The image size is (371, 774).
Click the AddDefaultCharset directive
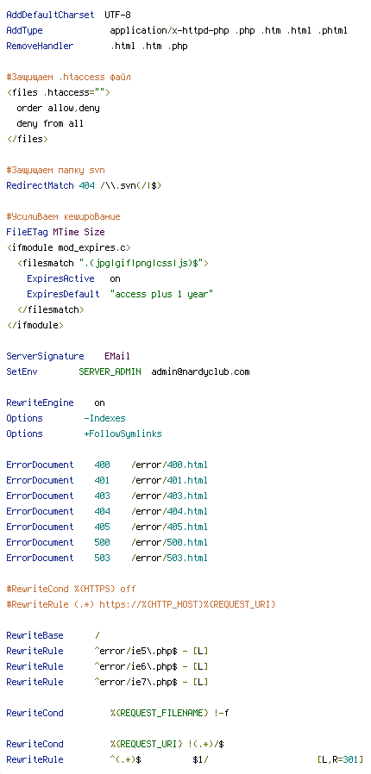[50, 16]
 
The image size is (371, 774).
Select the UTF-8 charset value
[117, 16]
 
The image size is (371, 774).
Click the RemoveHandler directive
[40, 47]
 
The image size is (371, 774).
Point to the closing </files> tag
[27, 140]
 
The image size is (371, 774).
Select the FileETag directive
[27, 232]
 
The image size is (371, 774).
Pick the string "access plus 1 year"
[161, 295]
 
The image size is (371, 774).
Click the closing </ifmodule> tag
[35, 326]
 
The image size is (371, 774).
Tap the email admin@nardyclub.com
[200, 371]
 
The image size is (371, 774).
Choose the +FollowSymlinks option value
[123, 434]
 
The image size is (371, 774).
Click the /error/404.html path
[169, 511]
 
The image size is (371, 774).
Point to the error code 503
[103, 558]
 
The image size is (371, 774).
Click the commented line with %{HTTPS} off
[71, 589]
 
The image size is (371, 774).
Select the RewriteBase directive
[35, 635]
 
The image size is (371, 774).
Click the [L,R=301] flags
[341, 759]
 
